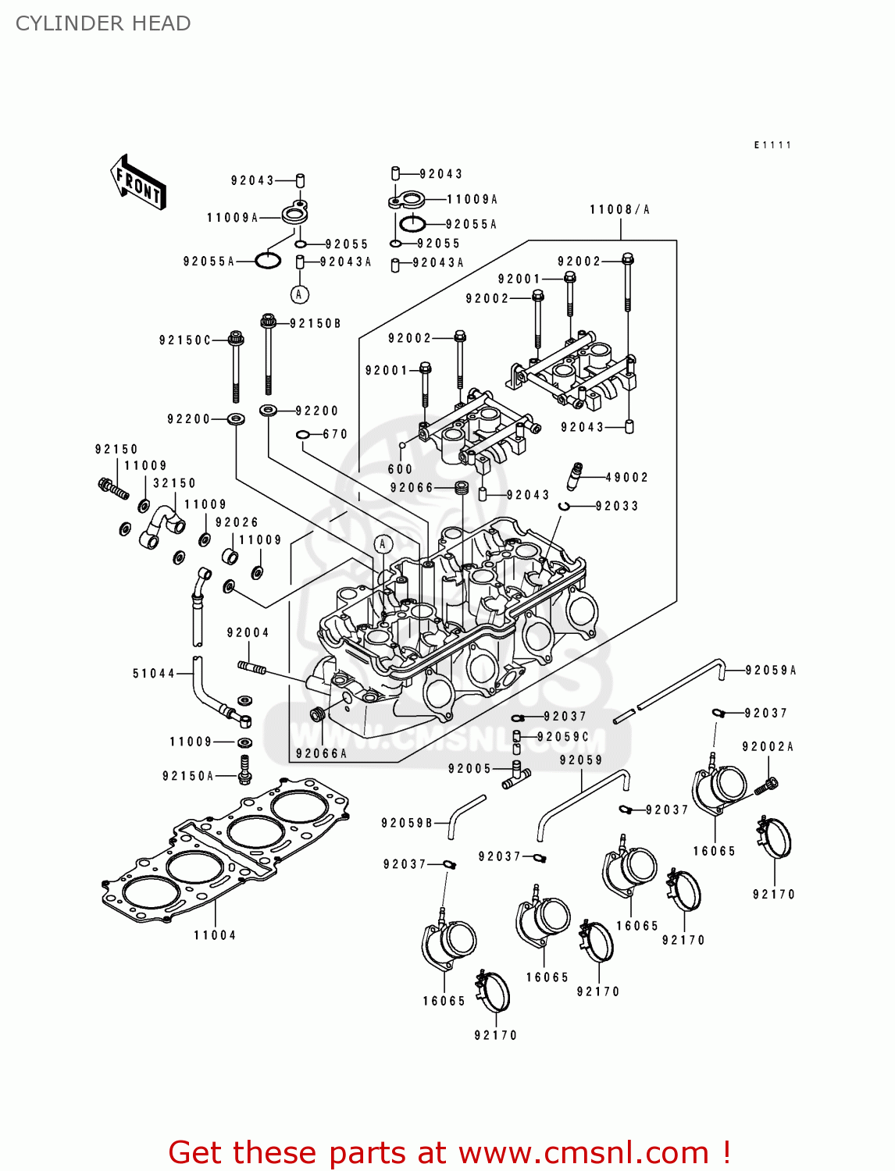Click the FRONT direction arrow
pos(138,183)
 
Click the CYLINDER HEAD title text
pos(103,23)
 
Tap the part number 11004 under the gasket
pos(215,935)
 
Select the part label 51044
pos(153,674)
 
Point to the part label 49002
pos(627,478)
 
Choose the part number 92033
pos(617,507)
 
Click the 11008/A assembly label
pos(620,210)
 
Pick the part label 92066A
pos(321,753)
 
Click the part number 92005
pos(469,769)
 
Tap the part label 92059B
pos(407,824)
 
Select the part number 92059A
pos(771,671)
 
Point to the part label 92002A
pos(768,747)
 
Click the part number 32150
pos(174,484)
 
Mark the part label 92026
pos(237,523)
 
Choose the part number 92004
pos(248,633)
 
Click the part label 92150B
pos(316,324)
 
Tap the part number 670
pos(335,435)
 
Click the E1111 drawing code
pos(772,145)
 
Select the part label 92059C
pos(563,737)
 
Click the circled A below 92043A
pos(299,294)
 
